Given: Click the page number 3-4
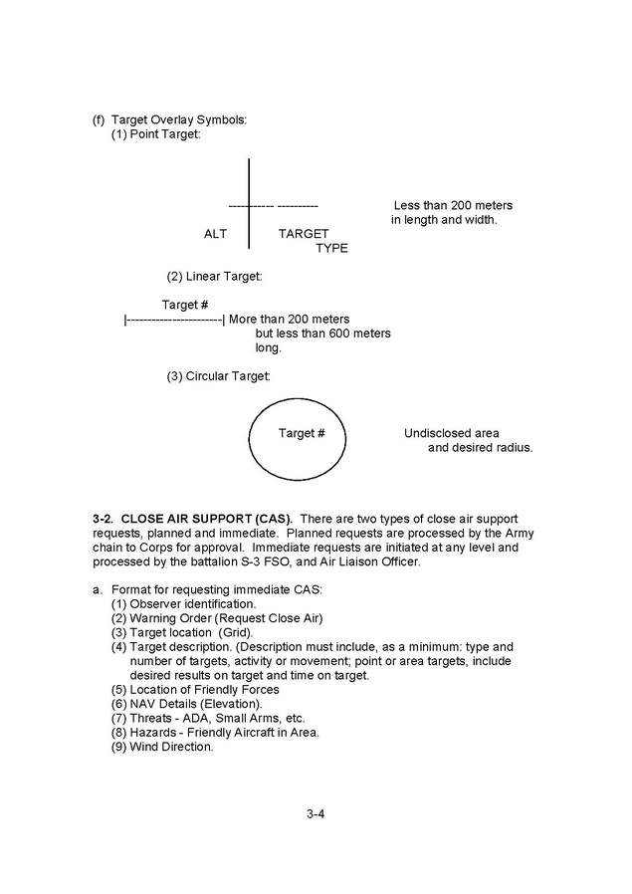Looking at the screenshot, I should [316, 813].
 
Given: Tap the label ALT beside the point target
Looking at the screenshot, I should [215, 234].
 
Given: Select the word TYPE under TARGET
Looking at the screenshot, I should [331, 248].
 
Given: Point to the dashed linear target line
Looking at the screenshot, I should [174, 320].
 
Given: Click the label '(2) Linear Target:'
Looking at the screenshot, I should [214, 276].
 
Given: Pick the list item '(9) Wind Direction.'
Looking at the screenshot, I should [162, 747].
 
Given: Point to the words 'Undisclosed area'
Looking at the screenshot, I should [451, 433].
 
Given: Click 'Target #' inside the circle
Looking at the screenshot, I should [302, 433].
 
